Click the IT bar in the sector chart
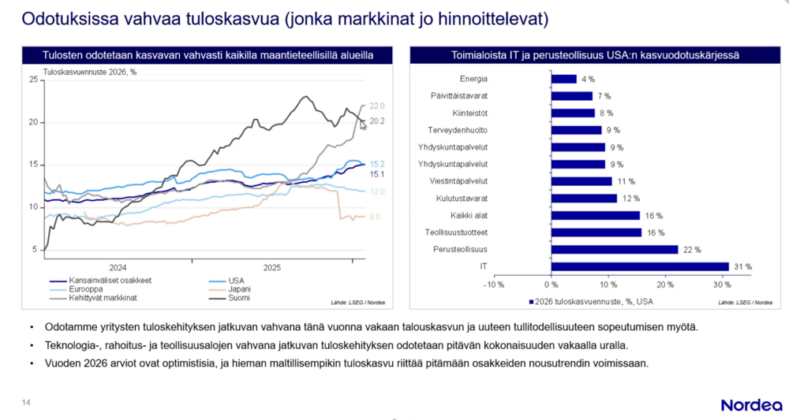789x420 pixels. click(639, 266)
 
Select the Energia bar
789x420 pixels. click(563, 79)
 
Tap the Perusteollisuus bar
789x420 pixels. click(614, 249)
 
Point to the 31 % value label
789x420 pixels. click(742, 267)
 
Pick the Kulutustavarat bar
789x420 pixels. click(583, 198)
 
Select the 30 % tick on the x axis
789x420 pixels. click(722, 284)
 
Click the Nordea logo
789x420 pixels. click(750, 404)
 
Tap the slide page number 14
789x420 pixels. click(26, 403)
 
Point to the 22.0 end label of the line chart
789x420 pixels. click(376, 106)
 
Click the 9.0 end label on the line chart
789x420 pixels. click(375, 217)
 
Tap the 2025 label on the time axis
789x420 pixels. click(272, 268)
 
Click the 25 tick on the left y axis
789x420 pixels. click(33, 80)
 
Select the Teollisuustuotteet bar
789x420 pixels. click(596, 232)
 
